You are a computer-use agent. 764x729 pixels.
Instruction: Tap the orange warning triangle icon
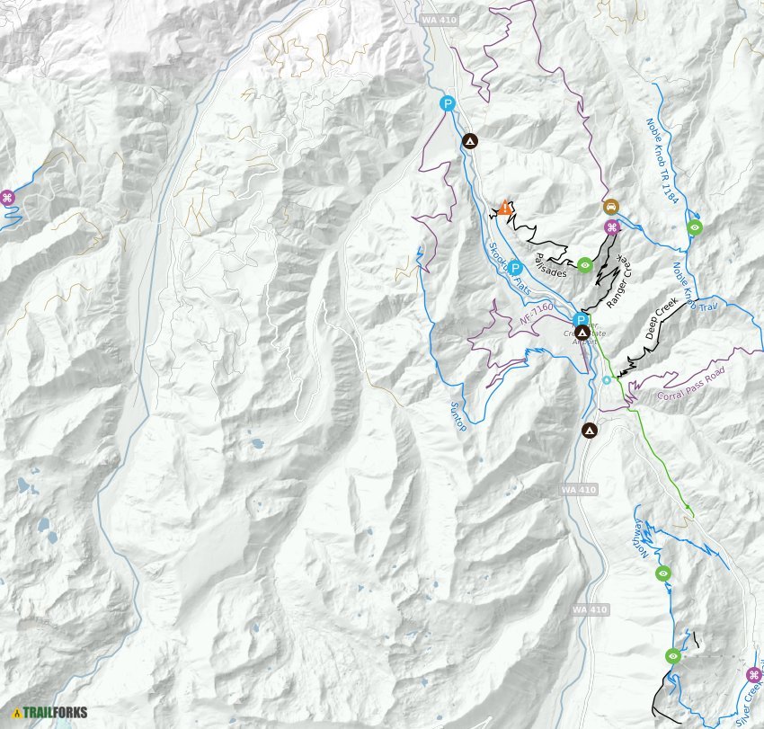point(506,208)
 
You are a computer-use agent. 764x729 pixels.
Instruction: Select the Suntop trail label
point(458,413)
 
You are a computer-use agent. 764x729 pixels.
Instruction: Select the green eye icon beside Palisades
point(585,264)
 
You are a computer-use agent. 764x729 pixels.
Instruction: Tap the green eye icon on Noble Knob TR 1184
point(694,227)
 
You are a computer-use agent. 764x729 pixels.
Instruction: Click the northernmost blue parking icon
point(447,103)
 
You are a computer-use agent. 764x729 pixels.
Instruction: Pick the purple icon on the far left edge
point(7,198)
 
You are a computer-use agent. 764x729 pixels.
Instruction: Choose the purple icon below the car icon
point(611,227)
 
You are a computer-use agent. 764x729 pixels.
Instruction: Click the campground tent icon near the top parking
point(469,140)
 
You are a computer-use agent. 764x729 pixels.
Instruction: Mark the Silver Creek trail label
point(747,706)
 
